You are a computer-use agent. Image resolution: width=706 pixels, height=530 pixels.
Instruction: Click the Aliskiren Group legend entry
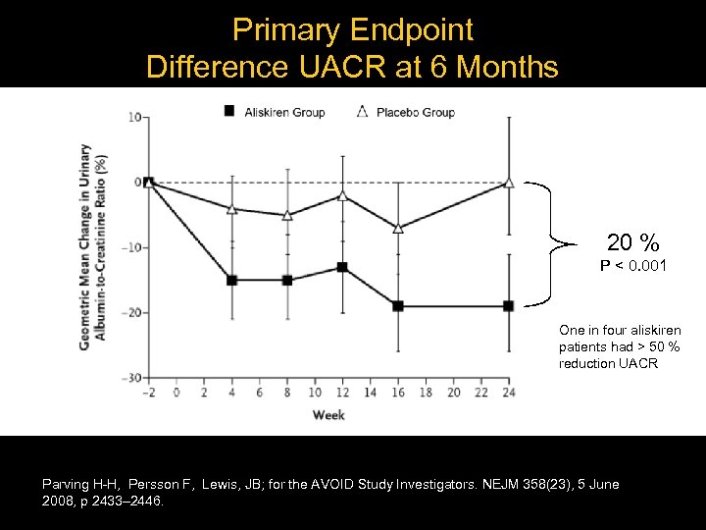click(x=276, y=112)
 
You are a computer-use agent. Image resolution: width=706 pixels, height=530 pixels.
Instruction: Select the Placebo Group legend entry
click(x=404, y=112)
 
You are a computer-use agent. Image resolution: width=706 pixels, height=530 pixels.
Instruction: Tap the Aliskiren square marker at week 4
click(x=232, y=280)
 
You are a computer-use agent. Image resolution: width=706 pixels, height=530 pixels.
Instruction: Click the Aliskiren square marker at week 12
click(x=342, y=267)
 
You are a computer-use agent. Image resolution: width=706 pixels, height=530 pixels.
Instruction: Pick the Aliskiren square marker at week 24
click(x=508, y=306)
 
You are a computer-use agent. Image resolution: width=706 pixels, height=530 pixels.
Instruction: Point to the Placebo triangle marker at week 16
click(x=397, y=228)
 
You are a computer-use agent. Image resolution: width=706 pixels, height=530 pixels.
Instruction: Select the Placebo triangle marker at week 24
click(x=508, y=183)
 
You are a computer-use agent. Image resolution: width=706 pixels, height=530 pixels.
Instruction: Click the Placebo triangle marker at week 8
click(x=287, y=215)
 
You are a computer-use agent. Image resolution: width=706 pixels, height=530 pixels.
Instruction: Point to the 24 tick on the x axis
click(x=508, y=393)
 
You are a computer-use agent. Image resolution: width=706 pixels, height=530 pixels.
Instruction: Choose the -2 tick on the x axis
click(x=147, y=393)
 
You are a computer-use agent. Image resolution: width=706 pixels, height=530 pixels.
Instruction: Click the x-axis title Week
click(x=328, y=415)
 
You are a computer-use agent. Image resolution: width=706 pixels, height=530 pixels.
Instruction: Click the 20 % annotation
click(x=632, y=242)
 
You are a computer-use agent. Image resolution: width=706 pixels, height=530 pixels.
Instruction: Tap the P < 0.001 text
click(x=633, y=265)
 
